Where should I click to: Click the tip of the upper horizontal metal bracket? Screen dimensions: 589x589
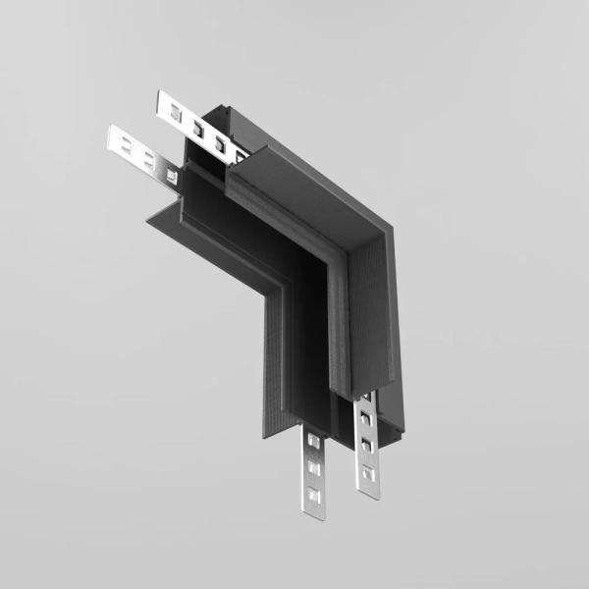point(161,96)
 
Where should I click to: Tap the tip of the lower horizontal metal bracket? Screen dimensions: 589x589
point(112,131)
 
